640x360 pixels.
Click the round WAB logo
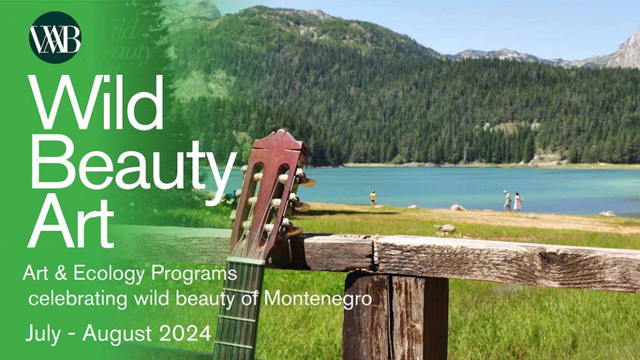[x=55, y=37]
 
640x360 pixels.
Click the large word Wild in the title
[x=96, y=101]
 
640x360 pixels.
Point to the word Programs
[x=194, y=274]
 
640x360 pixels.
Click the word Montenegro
[x=318, y=298]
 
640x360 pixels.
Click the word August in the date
[x=117, y=334]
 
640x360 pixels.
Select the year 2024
[x=185, y=333]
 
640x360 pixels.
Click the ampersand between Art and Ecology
[x=61, y=274]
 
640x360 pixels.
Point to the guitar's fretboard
[x=239, y=309]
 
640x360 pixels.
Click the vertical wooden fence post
[x=395, y=315]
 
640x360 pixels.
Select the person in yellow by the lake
[x=372, y=198]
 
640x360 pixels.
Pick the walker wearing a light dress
[x=517, y=202]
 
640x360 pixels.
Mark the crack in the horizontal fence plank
[x=374, y=253]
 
